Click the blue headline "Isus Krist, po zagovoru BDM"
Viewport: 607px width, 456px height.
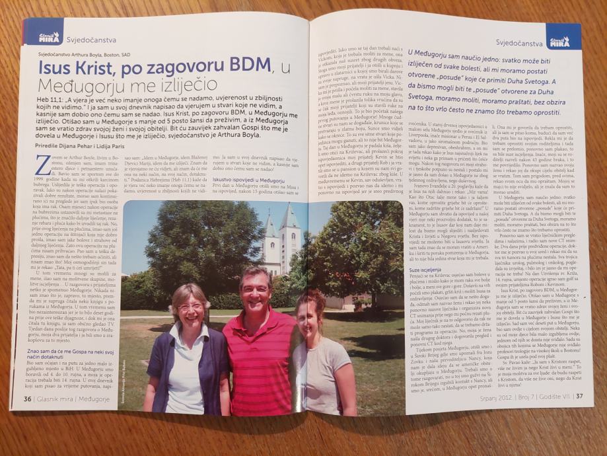[x=155, y=66]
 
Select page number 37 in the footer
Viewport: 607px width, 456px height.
[x=579, y=397]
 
